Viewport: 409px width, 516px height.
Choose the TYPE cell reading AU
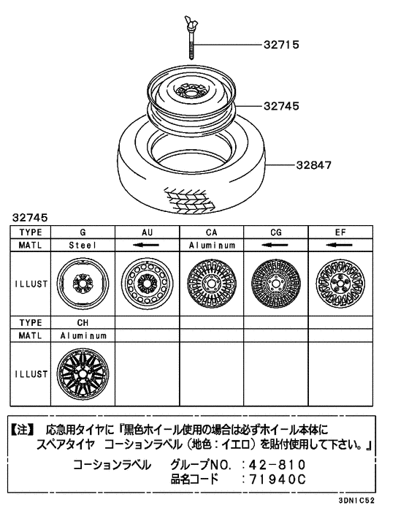pyautogui.click(x=148, y=232)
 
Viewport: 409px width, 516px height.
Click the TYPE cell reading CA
pyautogui.click(x=212, y=232)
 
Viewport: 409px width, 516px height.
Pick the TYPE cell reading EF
pyautogui.click(x=340, y=232)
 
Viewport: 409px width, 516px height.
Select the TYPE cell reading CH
pyautogui.click(x=83, y=322)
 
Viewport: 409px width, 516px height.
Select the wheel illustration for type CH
pyautogui.click(x=83, y=373)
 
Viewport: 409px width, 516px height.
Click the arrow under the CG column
pyautogui.click(x=275, y=246)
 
